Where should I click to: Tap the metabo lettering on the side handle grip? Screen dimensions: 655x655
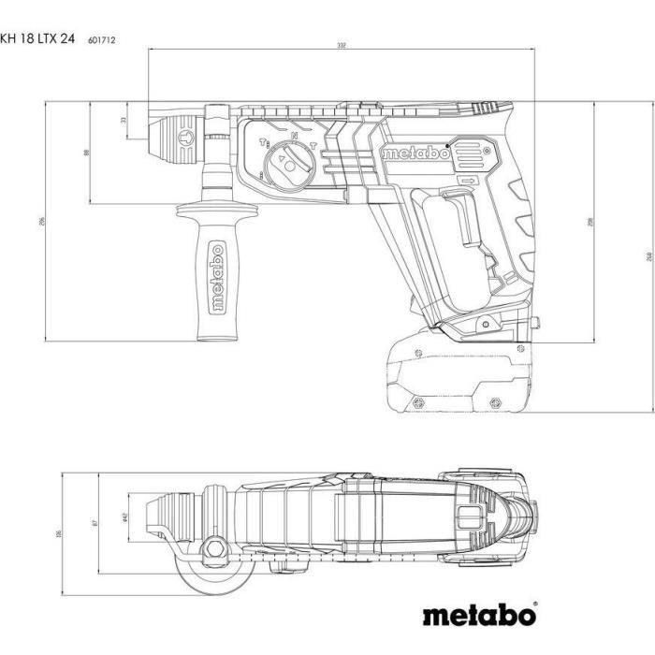[216, 281]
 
